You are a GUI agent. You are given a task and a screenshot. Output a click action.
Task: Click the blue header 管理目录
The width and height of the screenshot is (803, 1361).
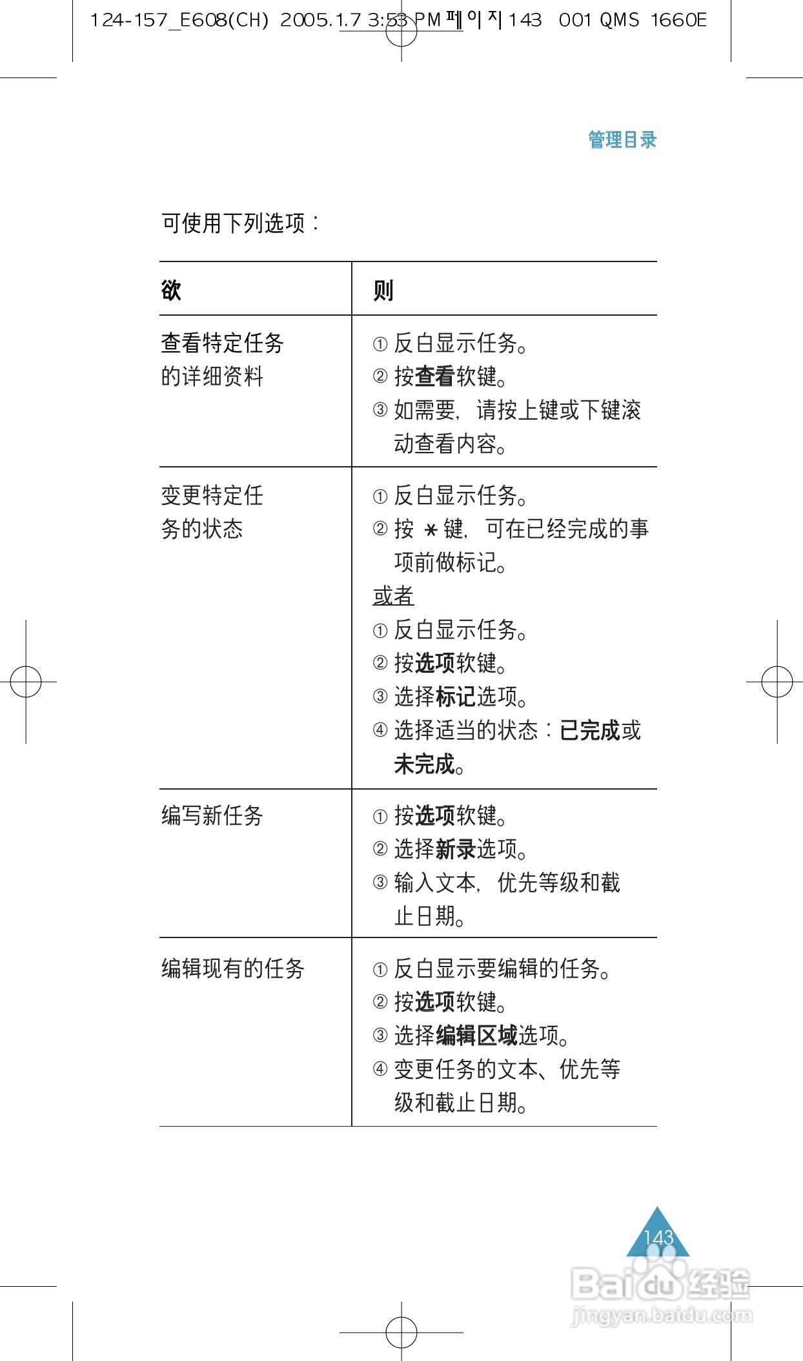point(622,139)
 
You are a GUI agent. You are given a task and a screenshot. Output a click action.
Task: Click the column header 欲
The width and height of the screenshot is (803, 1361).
point(171,291)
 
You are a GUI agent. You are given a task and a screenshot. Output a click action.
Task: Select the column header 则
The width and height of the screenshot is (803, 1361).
point(383,291)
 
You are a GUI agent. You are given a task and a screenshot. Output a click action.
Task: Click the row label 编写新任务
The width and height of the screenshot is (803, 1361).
point(212,815)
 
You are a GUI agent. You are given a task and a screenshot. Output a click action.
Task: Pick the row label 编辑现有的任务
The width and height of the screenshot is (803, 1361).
point(232,968)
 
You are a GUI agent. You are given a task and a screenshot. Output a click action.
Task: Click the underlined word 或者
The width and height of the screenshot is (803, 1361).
point(393,596)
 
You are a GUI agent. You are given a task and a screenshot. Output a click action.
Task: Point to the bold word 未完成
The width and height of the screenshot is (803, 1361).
point(425,764)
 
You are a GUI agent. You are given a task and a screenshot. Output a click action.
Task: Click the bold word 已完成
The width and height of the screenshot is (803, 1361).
point(589,730)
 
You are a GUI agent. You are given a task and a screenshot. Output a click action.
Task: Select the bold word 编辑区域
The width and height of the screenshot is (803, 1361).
point(476,1036)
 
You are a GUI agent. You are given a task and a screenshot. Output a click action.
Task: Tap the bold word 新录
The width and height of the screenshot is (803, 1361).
point(456,849)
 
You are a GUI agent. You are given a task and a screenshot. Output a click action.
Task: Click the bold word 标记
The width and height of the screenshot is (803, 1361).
point(456,697)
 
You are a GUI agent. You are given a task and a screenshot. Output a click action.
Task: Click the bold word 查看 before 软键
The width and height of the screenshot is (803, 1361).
point(435,376)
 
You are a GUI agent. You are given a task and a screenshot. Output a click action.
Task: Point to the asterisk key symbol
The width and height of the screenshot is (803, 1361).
point(431,530)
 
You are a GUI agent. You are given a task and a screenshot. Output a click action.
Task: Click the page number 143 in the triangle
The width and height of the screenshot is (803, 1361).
point(658,1238)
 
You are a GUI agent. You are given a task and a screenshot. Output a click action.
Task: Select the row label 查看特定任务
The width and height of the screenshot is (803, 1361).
point(223,343)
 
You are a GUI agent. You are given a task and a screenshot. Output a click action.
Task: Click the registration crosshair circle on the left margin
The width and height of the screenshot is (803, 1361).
point(26,681)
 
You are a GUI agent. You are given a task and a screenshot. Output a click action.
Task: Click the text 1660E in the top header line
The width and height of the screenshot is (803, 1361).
point(678,21)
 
